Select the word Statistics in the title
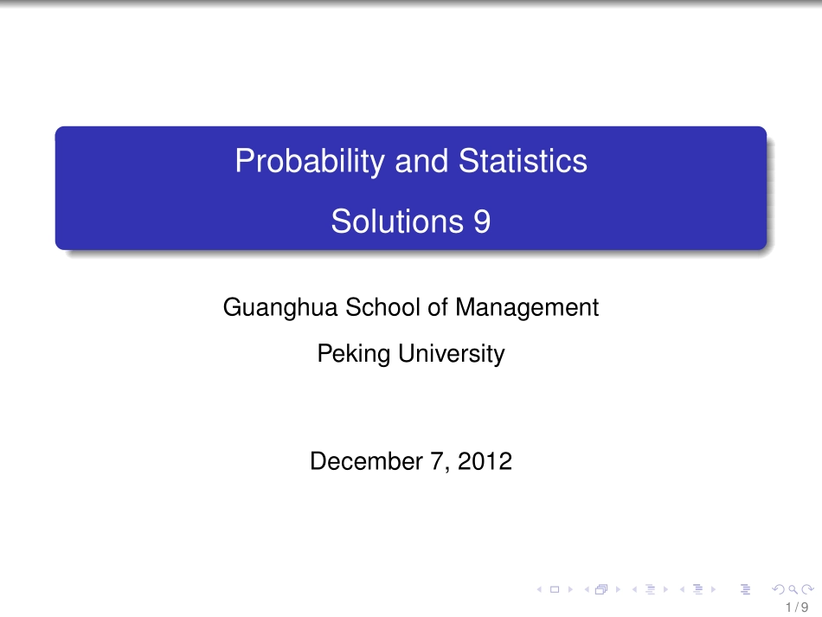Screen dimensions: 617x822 (x=523, y=162)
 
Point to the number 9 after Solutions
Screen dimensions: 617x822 (x=482, y=222)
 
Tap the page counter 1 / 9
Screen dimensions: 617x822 (x=797, y=607)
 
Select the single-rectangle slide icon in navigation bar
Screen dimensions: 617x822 (x=554, y=590)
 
